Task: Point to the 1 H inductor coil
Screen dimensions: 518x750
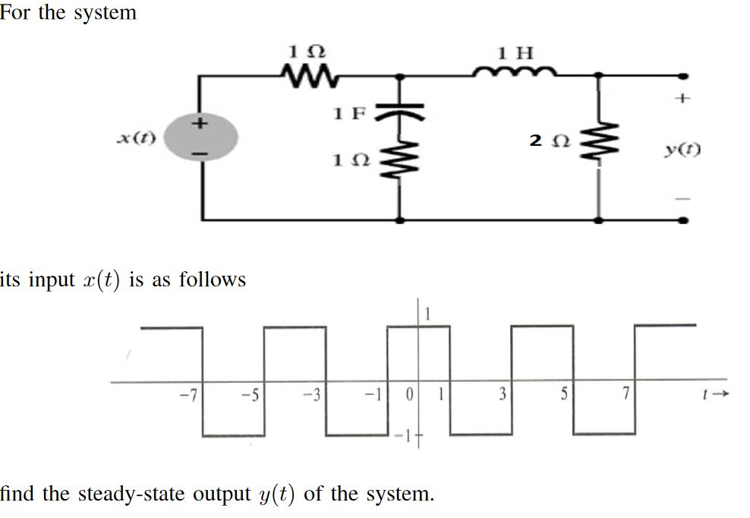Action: pos(516,72)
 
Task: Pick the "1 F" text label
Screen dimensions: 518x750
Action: pos(349,114)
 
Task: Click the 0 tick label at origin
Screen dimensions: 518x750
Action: pos(408,395)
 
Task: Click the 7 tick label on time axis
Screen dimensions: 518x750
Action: pos(625,395)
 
